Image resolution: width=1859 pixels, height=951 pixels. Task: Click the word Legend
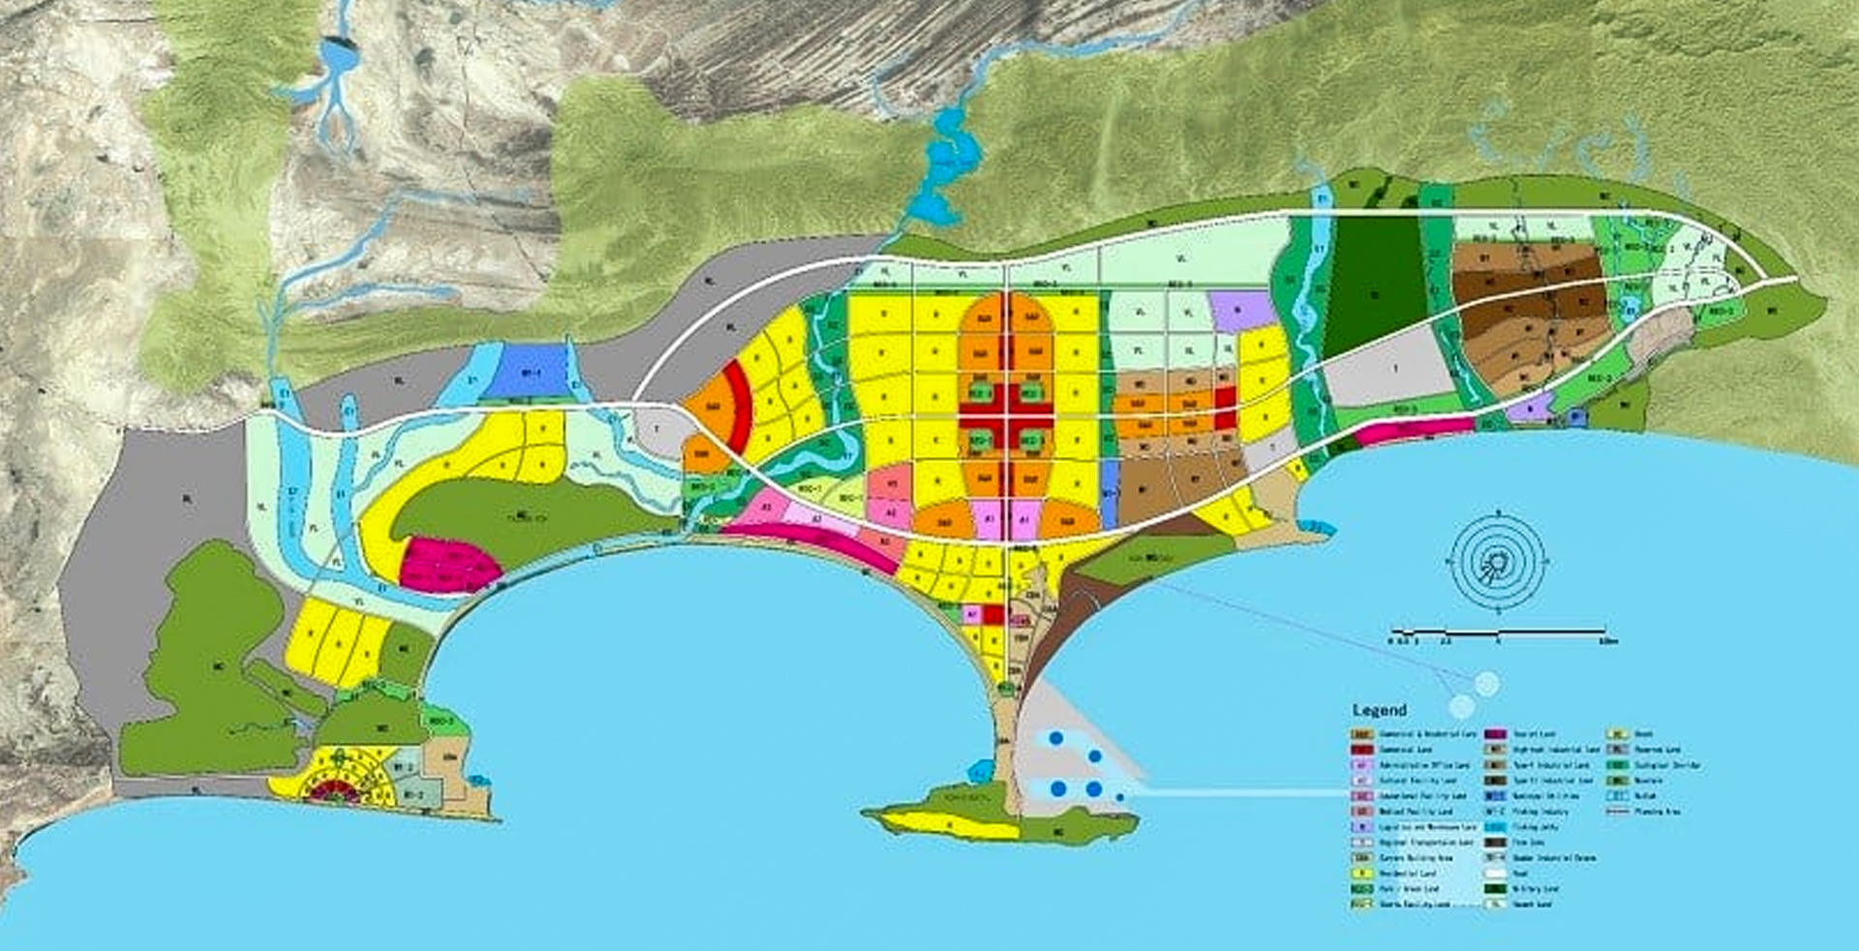pyautogui.click(x=1379, y=710)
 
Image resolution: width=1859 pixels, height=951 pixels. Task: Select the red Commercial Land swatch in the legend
pyautogui.click(x=1362, y=750)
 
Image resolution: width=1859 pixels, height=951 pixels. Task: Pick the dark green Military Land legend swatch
pyautogui.click(x=1497, y=888)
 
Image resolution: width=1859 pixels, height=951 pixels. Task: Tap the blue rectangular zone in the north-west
pyautogui.click(x=525, y=372)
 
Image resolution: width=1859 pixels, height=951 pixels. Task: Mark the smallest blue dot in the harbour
pyautogui.click(x=1120, y=797)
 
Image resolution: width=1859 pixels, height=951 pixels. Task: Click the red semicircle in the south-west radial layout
pyautogui.click(x=333, y=792)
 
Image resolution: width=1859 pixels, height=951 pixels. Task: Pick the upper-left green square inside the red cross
pyautogui.click(x=980, y=392)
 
